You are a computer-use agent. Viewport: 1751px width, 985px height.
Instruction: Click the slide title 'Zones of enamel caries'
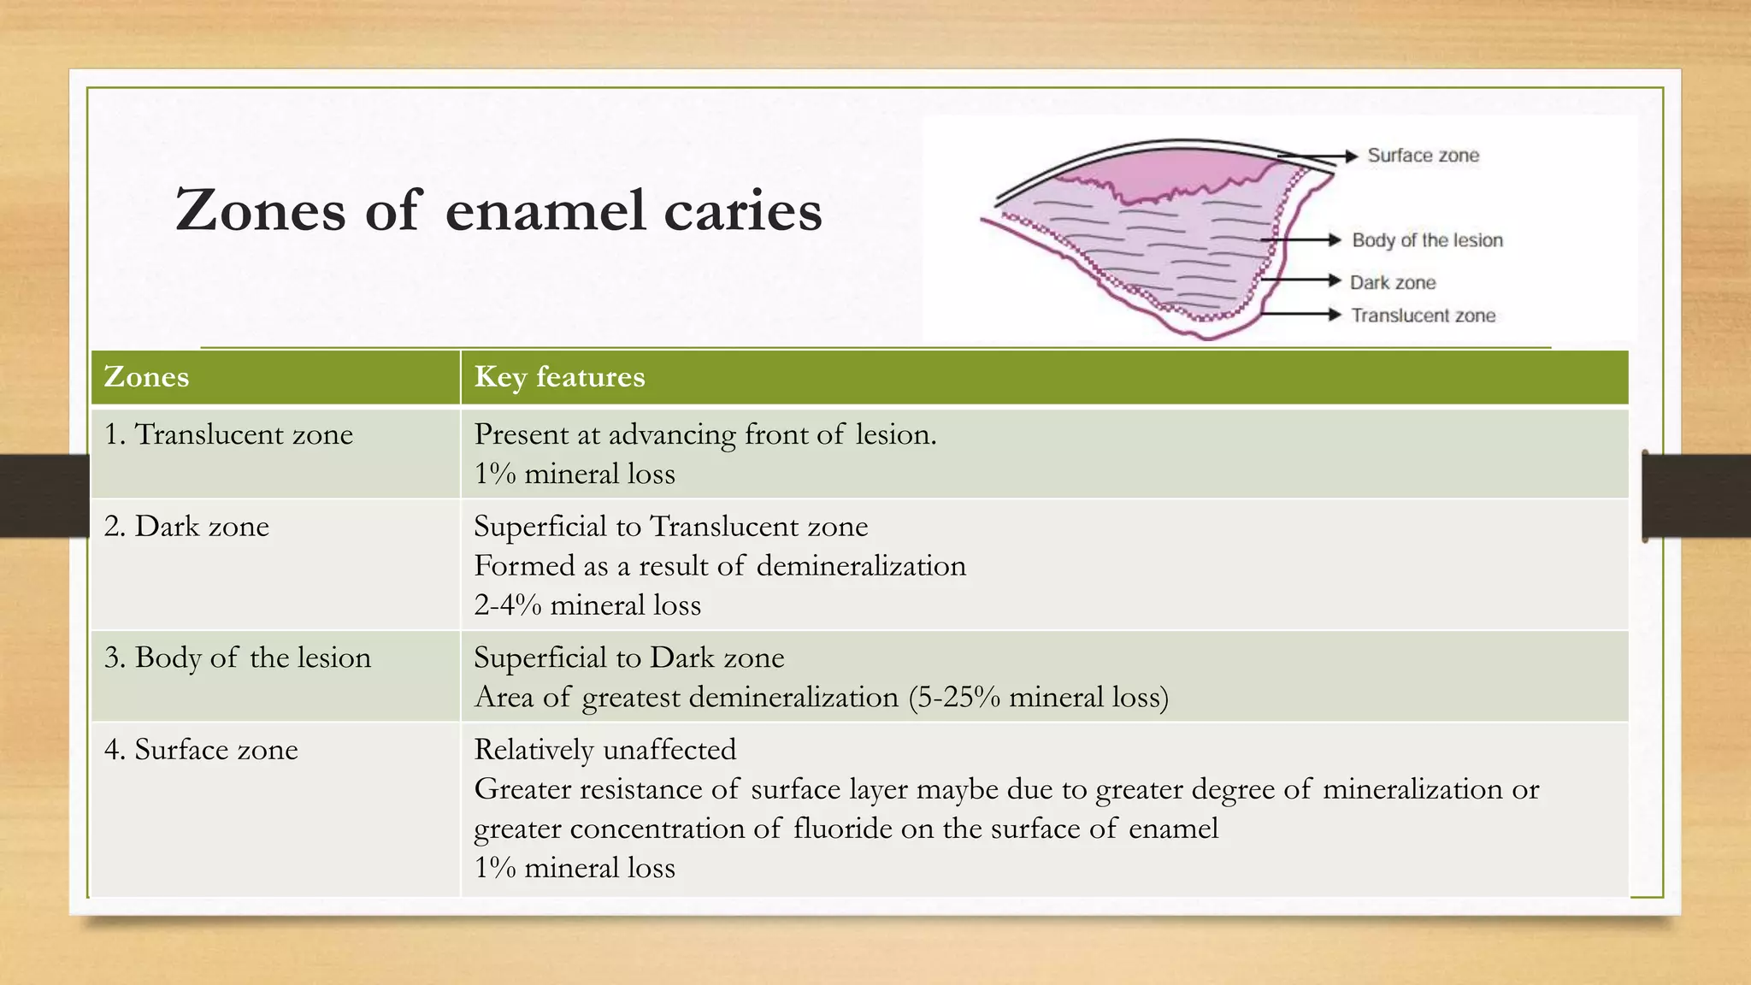498,210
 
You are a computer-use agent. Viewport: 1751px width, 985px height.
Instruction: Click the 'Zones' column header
146,377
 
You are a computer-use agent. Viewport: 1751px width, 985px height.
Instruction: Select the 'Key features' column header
559,377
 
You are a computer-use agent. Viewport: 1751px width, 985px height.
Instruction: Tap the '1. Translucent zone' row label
228,434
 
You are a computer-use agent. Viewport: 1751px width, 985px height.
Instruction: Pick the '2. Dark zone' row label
186,526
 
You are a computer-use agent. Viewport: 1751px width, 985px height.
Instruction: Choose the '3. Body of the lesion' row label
238,658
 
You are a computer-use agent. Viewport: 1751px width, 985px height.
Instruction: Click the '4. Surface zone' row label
201,750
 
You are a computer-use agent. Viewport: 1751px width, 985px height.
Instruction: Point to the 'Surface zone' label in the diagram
1423,156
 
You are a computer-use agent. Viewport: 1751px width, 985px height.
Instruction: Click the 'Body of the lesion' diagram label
1427,240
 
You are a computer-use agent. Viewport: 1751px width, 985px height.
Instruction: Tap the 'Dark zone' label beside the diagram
1393,282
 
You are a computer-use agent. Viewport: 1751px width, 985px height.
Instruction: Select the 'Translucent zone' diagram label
1423,316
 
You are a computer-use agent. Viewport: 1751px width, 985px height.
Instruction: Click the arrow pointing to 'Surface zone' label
1321,156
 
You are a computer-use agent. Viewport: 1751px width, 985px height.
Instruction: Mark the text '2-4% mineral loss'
587,605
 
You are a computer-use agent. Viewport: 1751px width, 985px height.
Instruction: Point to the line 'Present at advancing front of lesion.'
705,434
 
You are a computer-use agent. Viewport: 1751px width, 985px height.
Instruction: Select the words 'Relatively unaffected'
604,750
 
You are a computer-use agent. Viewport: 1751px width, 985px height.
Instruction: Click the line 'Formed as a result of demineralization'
720,566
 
